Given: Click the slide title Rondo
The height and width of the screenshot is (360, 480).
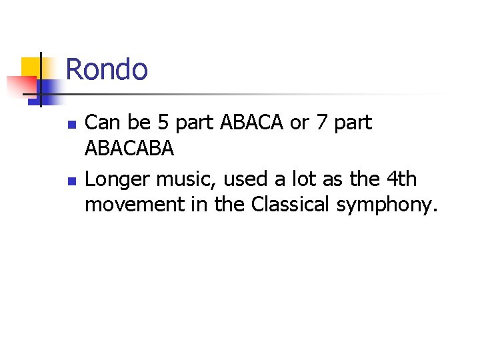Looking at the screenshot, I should tap(107, 69).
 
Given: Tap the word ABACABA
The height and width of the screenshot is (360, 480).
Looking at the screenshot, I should tap(129, 149).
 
